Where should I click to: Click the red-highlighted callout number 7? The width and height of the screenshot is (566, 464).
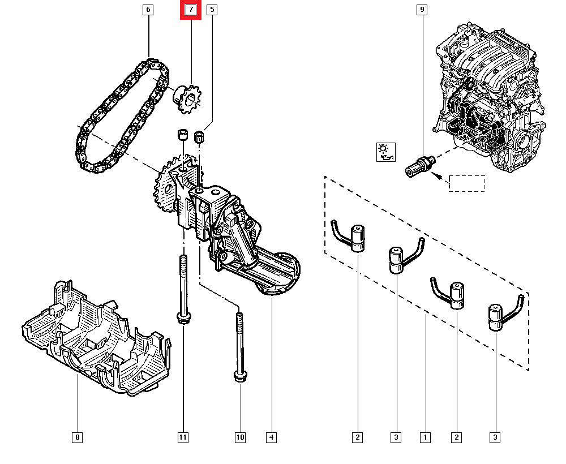coord(191,10)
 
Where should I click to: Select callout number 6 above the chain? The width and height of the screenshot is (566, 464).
coord(148,10)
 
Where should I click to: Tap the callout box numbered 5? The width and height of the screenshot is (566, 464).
coord(212,10)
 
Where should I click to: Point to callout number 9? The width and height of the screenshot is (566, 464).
coord(422,10)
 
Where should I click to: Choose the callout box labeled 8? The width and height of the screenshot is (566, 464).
coord(78,437)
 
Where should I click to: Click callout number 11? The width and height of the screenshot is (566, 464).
coord(182,437)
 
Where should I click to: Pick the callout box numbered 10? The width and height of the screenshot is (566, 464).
coord(240,437)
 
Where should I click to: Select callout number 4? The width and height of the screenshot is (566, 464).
coord(272,437)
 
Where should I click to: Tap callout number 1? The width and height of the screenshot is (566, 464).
coord(424,437)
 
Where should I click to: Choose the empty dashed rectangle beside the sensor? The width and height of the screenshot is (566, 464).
coord(467,183)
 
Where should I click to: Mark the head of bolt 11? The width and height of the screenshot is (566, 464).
coord(183,318)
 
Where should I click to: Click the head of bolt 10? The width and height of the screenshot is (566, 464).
coord(239,376)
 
